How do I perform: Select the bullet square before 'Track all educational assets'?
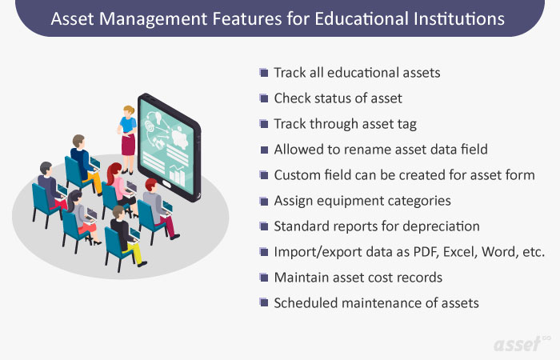click(x=264, y=73)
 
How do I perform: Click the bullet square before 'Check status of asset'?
click(x=264, y=98)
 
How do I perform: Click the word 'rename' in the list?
click(x=362, y=149)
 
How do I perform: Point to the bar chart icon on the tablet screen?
click(x=179, y=174)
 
